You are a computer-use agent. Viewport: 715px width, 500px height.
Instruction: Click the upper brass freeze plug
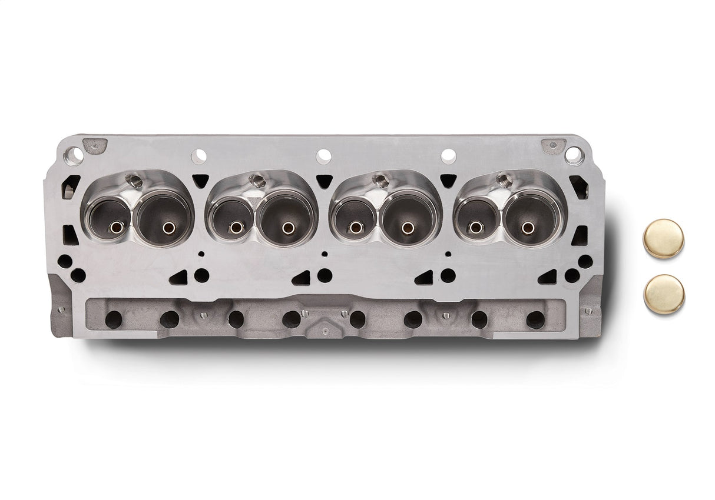click(x=664, y=238)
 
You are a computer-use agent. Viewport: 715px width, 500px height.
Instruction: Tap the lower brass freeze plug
click(x=664, y=294)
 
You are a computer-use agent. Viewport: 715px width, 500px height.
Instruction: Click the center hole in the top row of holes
click(x=323, y=156)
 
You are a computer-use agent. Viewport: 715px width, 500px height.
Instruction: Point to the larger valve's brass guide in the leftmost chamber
click(x=168, y=227)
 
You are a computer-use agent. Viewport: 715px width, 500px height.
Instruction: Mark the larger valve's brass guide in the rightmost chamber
click(x=528, y=227)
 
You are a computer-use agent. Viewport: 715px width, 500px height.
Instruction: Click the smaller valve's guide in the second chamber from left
click(x=236, y=227)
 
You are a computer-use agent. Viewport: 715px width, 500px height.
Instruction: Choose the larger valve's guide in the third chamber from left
click(x=406, y=227)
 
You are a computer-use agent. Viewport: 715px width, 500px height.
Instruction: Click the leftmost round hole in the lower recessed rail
click(x=113, y=319)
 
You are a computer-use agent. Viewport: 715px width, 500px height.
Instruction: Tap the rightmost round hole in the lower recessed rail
click(x=535, y=319)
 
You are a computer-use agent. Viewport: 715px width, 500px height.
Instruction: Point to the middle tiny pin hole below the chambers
click(x=324, y=254)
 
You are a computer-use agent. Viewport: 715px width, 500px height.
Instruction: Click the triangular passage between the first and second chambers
click(x=200, y=181)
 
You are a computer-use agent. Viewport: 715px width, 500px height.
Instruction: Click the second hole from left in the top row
click(x=199, y=156)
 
